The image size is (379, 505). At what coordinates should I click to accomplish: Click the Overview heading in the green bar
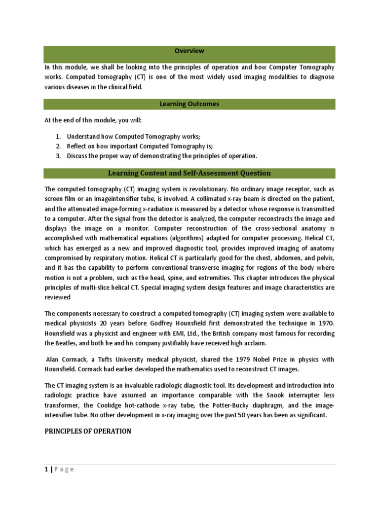(189, 51)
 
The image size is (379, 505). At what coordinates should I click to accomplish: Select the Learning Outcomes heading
(189, 104)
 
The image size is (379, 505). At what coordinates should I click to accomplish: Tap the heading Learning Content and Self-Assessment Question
(189, 173)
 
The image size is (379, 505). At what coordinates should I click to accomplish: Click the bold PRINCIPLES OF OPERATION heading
(88, 431)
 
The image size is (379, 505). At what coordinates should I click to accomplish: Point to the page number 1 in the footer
(46, 469)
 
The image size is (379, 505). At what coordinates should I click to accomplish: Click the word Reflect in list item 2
(78, 146)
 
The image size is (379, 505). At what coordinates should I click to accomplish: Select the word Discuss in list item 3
(79, 156)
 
